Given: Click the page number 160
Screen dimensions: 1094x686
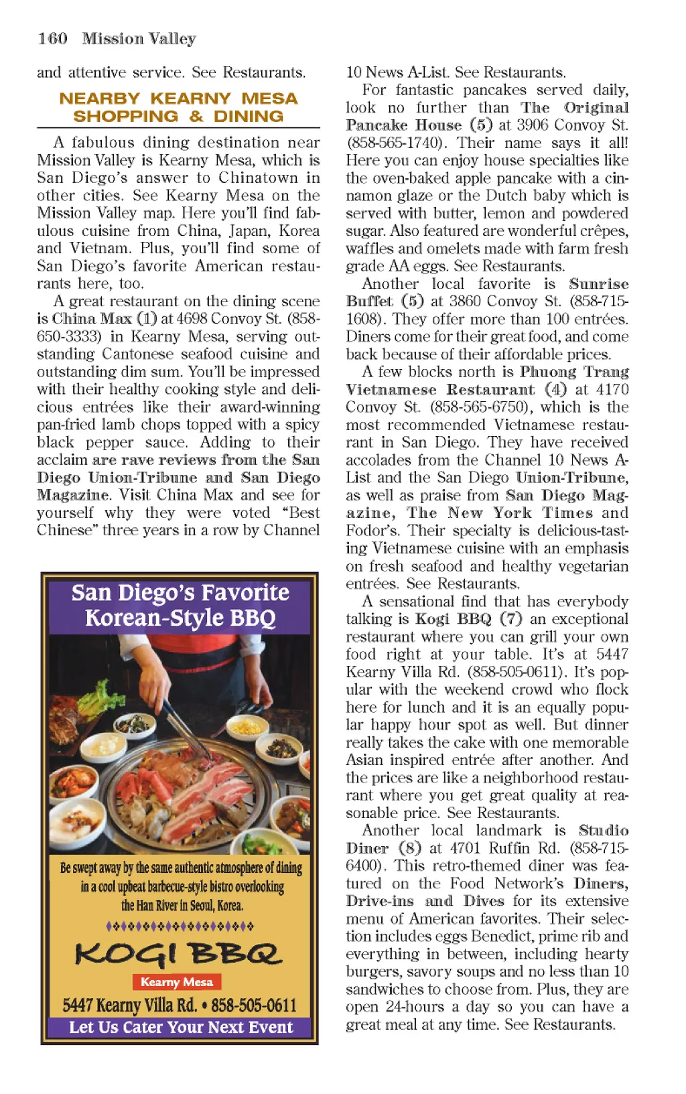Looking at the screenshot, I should pyautogui.click(x=52, y=39).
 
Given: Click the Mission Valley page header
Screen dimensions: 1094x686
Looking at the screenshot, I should pyautogui.click(x=139, y=39).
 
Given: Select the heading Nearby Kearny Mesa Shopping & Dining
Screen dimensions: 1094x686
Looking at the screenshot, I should pyautogui.click(x=178, y=107).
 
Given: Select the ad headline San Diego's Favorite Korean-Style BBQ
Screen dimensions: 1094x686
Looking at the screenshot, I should pyautogui.click(x=180, y=605).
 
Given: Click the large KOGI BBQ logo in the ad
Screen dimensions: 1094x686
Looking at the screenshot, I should pyautogui.click(x=178, y=953).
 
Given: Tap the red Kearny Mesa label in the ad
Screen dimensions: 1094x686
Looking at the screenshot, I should pyautogui.click(x=177, y=982).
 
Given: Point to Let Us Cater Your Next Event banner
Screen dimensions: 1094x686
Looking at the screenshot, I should pyautogui.click(x=180, y=1027).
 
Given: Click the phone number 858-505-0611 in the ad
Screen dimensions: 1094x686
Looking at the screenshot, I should pyautogui.click(x=253, y=1006).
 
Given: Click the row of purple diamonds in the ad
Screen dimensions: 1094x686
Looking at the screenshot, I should pyautogui.click(x=180, y=927).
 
